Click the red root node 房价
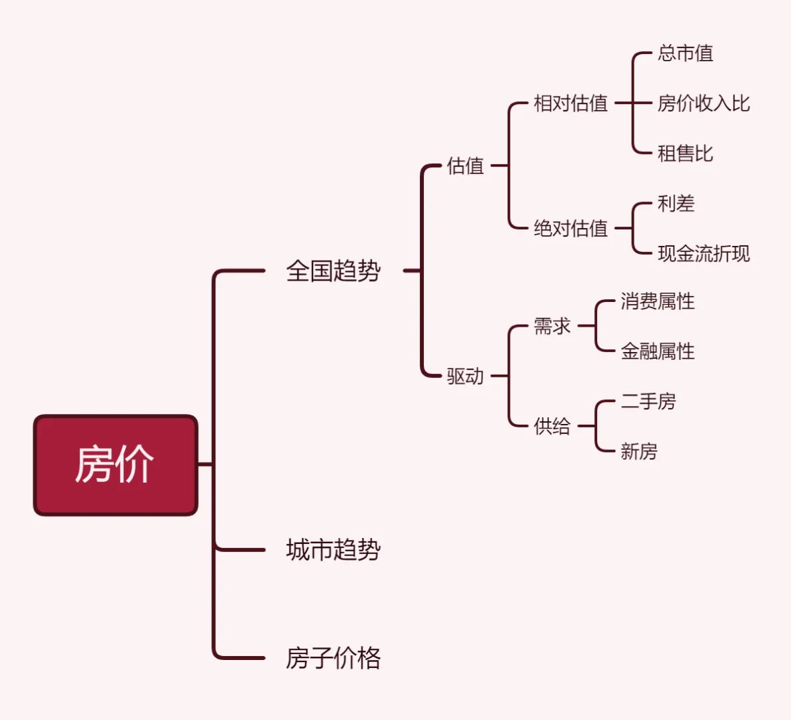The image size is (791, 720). pos(115,465)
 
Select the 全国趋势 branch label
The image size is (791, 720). pos(333,271)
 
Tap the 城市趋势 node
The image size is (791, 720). pos(333,550)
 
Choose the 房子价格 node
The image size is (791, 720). pos(333,658)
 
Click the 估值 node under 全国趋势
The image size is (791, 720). pos(465,166)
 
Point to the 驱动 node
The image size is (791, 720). pos(465,376)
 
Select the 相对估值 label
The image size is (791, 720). pos(570,103)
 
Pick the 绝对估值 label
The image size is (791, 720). pos(570,229)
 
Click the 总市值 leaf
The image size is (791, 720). pos(685,53)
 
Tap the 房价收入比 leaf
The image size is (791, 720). pos(704,103)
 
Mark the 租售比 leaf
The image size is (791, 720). pos(685,153)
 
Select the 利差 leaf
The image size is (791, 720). pos(676,203)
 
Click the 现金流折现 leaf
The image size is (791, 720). pos(704,253)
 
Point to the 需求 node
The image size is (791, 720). pos(552,326)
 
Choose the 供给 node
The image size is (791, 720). pos(552,426)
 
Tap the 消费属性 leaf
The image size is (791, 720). pos(658,301)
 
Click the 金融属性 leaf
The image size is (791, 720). pos(658,351)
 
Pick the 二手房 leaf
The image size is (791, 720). pos(648,401)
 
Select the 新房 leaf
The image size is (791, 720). pos(639,451)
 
